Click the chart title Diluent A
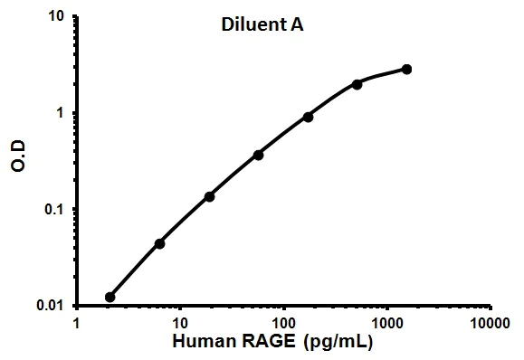262,26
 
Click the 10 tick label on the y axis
55,17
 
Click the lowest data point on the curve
110,297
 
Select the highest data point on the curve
406,69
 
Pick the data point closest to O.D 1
308,117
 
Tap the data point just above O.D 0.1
209,196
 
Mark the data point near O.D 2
357,84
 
